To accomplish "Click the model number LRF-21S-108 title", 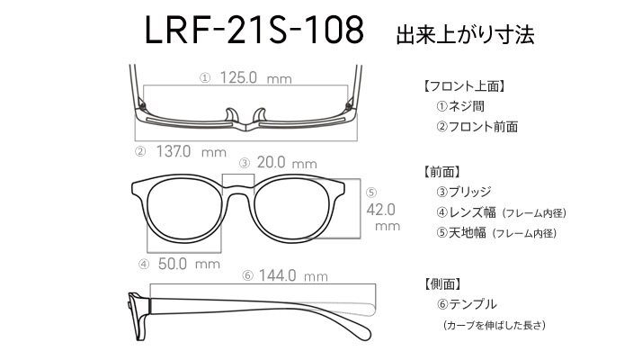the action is coord(254,30).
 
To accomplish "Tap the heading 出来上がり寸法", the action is coord(465,34).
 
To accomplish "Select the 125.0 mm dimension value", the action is coord(255,77).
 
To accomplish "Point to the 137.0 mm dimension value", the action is coord(192,152).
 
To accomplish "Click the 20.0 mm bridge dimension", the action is coord(287,163).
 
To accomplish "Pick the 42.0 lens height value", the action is coord(380,210).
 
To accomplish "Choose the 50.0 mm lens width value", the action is coord(189,264).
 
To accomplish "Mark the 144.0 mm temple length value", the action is coord(293,275).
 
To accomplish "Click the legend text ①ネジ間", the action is coord(460,106).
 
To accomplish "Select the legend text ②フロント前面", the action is coord(477,127).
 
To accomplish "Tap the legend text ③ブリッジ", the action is coord(463,192).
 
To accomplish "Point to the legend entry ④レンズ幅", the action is coord(466,212).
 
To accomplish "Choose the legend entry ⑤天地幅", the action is coord(461,233).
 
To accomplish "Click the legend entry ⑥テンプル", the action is coord(467,304).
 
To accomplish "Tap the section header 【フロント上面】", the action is coord(463,86).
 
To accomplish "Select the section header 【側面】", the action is coord(442,283).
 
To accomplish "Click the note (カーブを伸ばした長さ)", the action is coord(495,325).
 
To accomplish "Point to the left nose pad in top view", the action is coord(232,115).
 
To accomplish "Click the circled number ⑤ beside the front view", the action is coord(371,193).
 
